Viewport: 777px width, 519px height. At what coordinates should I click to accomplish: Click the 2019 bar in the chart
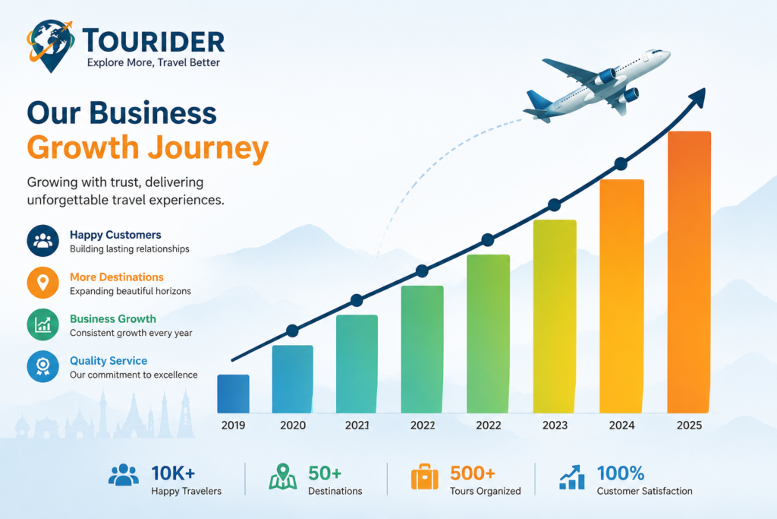point(234,394)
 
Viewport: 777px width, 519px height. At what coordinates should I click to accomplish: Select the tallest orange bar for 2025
point(689,272)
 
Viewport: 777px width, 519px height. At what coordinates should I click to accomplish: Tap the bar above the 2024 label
point(622,296)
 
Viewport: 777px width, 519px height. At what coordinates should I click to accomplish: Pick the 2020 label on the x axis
point(293,426)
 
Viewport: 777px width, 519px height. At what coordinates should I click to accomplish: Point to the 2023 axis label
point(555,426)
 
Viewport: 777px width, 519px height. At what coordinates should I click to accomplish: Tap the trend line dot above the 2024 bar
point(621,163)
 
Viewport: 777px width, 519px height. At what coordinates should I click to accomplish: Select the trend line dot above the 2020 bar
point(292,331)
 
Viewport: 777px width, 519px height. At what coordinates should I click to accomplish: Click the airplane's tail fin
point(538,100)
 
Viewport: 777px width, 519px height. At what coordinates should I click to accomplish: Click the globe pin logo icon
point(51,46)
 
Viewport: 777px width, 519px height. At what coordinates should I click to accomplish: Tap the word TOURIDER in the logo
point(153,41)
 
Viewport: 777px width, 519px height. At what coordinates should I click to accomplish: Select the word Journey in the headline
point(208,148)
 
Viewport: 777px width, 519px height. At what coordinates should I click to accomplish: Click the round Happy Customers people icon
point(43,241)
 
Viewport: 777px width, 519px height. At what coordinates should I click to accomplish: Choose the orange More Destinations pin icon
point(43,283)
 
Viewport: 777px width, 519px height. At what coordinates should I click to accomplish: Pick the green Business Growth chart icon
point(43,324)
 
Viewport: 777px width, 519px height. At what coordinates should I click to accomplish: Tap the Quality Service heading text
point(109,361)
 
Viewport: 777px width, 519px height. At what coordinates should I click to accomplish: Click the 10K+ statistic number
point(173,473)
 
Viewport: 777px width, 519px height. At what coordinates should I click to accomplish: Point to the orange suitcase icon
point(425,476)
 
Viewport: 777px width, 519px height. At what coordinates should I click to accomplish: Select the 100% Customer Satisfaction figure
point(621,473)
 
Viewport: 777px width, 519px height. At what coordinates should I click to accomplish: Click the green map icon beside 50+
point(283,476)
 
